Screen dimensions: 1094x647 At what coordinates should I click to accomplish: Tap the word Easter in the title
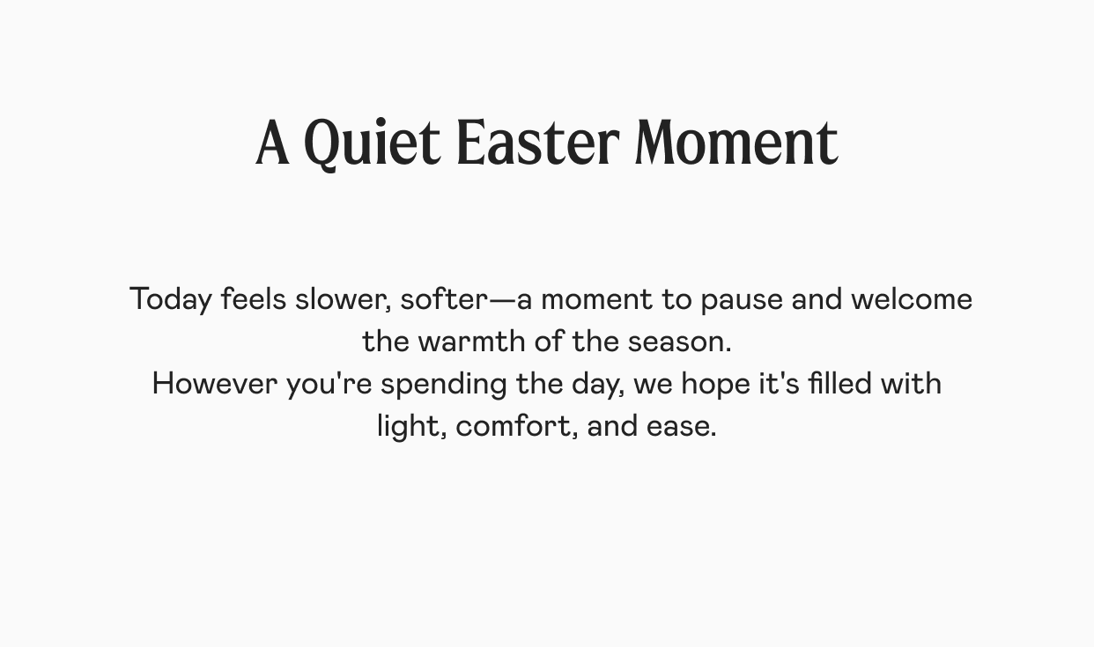(x=538, y=143)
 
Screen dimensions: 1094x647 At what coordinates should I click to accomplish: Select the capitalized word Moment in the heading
(x=737, y=143)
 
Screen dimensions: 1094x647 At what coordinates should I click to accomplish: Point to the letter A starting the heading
(x=272, y=143)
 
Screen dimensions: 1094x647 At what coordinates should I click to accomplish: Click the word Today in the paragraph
(x=171, y=299)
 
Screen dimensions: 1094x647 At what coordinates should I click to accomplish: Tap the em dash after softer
(x=502, y=299)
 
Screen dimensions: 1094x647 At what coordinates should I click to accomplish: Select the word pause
(x=742, y=300)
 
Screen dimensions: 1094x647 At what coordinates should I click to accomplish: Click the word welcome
(x=912, y=298)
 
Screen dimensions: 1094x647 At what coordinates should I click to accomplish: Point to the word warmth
(x=472, y=341)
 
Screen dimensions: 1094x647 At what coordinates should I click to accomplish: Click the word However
(x=215, y=383)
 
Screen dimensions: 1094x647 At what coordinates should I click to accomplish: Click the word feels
(x=254, y=298)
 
